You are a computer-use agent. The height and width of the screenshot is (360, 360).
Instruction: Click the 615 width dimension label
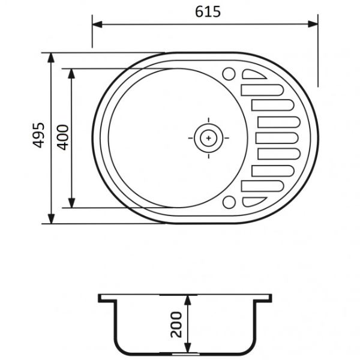pos(208,12)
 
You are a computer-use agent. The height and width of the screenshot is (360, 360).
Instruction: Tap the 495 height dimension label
pos(38,135)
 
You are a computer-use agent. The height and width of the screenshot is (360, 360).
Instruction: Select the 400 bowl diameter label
pos(62,137)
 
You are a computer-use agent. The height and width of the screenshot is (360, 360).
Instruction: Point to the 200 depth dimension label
pos(176,325)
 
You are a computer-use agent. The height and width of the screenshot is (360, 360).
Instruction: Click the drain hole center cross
pos(208,138)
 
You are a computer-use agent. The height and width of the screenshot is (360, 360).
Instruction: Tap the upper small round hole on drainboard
pos(229,74)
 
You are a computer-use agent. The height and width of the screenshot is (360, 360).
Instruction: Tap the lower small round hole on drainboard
pos(229,202)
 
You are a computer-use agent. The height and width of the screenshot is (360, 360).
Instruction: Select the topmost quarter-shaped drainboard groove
pos(253,74)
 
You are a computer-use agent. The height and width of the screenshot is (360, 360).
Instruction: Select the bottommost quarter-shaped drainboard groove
pos(253,202)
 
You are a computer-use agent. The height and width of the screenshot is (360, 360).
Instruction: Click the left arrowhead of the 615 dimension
pos(97,24)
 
